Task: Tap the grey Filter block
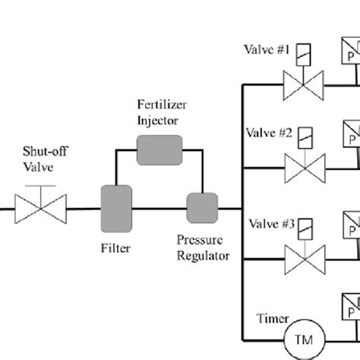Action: (115, 204)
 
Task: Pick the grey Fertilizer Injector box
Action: (159, 150)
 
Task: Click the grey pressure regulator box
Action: (202, 204)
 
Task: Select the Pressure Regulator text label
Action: (203, 248)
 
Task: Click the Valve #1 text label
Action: (267, 49)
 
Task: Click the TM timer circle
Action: (303, 336)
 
